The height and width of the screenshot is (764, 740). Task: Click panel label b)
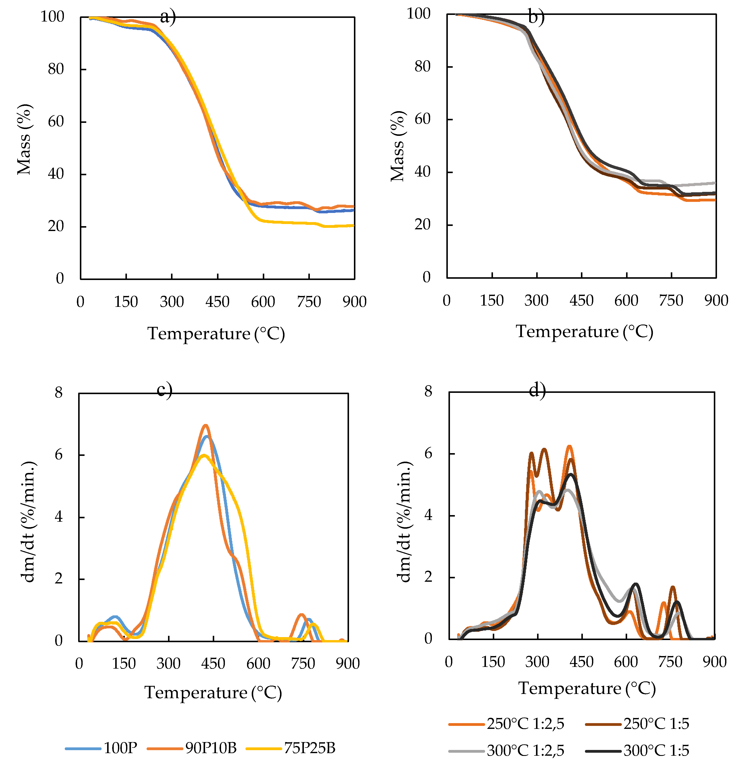(x=536, y=17)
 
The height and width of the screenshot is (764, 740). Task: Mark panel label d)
(x=537, y=390)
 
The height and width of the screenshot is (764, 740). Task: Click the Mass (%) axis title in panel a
(x=24, y=139)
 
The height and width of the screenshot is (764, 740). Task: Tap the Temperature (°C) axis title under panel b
(x=584, y=332)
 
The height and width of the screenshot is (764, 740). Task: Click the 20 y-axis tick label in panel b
(x=422, y=224)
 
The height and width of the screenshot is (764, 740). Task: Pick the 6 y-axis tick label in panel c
(x=59, y=454)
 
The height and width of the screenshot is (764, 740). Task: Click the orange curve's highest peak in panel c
(x=205, y=426)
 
